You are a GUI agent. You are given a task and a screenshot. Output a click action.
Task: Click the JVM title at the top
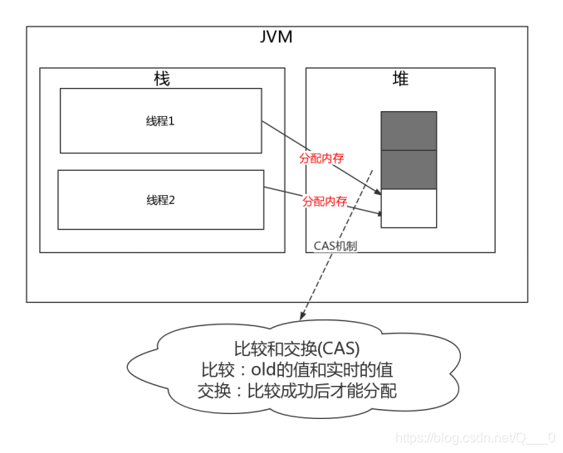pos(277,37)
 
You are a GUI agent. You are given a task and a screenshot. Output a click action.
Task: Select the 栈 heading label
pos(162,79)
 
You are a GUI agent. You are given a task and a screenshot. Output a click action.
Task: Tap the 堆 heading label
pos(400,79)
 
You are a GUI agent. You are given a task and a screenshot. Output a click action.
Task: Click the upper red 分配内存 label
pos(322,158)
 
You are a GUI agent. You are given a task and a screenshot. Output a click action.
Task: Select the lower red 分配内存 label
pos(325,201)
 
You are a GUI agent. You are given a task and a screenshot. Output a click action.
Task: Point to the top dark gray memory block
pos(409,130)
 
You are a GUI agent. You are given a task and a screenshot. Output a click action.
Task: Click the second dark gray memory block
pos(409,169)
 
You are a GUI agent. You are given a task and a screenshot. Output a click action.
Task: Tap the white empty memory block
pos(409,208)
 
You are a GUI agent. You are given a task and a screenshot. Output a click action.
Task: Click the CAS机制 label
pos(335,246)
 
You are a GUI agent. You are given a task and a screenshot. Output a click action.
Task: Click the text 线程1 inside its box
pos(160,120)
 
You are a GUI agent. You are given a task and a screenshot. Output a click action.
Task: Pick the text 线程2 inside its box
pos(160,200)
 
